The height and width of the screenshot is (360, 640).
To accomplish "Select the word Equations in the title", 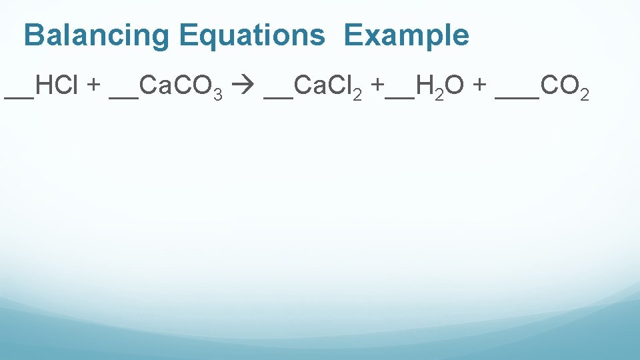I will coord(251,35).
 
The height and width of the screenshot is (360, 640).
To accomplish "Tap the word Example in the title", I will coord(407,35).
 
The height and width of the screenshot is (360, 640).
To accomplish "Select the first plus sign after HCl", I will coord(94,87).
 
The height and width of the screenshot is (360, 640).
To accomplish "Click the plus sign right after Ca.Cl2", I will coord(379,87).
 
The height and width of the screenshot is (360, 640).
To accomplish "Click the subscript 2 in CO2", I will coord(584,94).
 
